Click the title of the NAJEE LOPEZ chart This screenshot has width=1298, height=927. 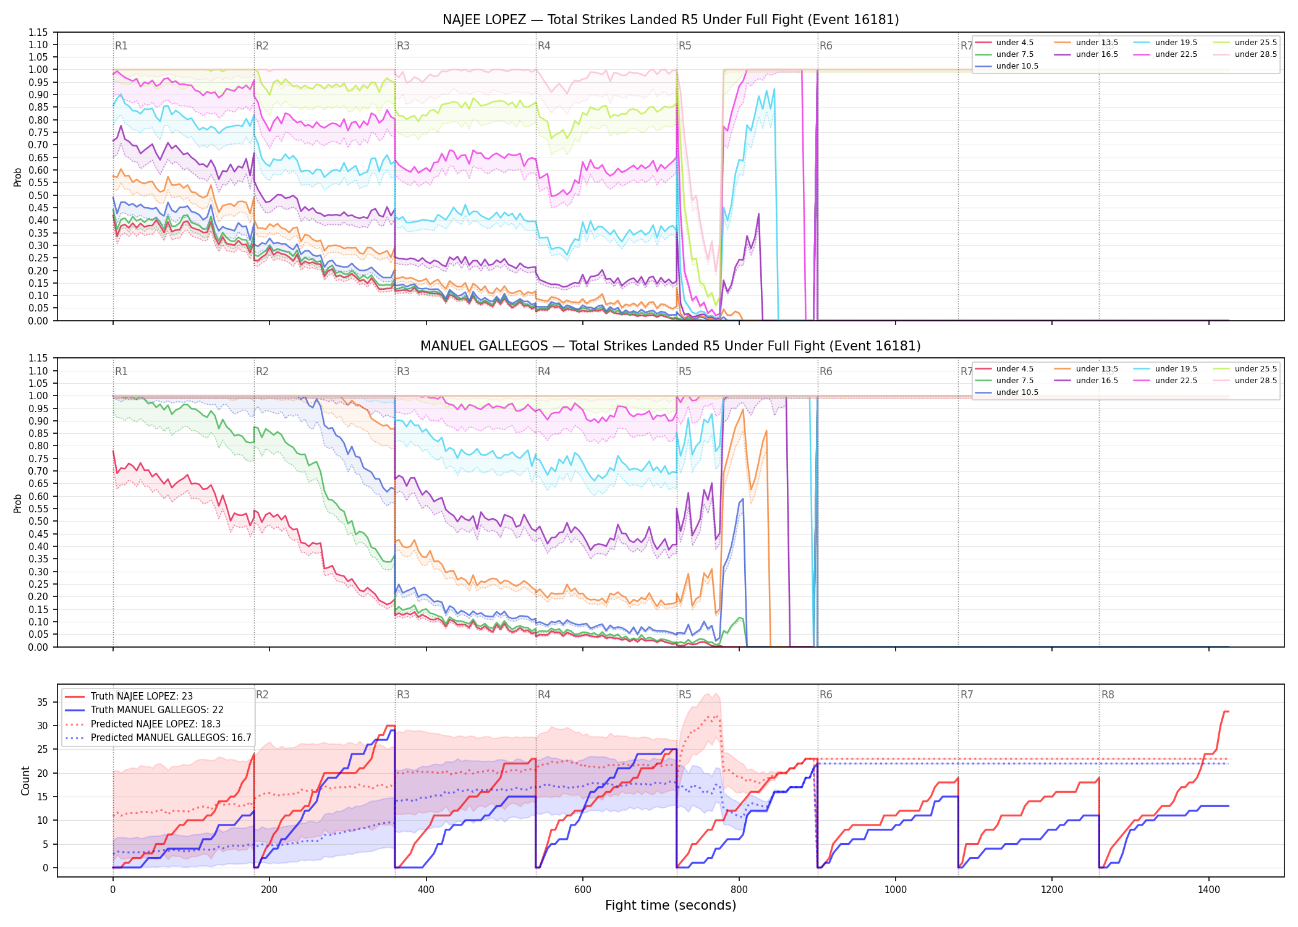pyautogui.click(x=671, y=20)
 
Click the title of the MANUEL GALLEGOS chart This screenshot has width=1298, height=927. pyautogui.click(x=671, y=346)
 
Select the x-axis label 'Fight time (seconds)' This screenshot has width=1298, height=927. pyautogui.click(x=671, y=905)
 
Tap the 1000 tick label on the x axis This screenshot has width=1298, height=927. pyautogui.click(x=895, y=890)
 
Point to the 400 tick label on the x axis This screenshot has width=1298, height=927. pyautogui.click(x=426, y=890)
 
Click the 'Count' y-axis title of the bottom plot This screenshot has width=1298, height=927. pyautogui.click(x=25, y=781)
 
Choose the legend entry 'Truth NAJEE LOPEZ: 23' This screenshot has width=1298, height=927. pyautogui.click(x=142, y=696)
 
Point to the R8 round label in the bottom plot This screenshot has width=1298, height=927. pyautogui.click(x=1108, y=695)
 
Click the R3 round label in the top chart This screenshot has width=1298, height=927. pyautogui.click(x=403, y=46)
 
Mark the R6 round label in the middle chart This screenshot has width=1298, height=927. pyautogui.click(x=826, y=371)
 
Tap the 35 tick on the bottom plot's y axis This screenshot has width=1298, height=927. pyautogui.click(x=42, y=702)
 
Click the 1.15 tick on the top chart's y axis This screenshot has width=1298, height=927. pyautogui.click(x=38, y=32)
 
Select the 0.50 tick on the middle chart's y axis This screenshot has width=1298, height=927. pyautogui.click(x=38, y=521)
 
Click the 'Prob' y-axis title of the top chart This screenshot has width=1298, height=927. pyautogui.click(x=18, y=177)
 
